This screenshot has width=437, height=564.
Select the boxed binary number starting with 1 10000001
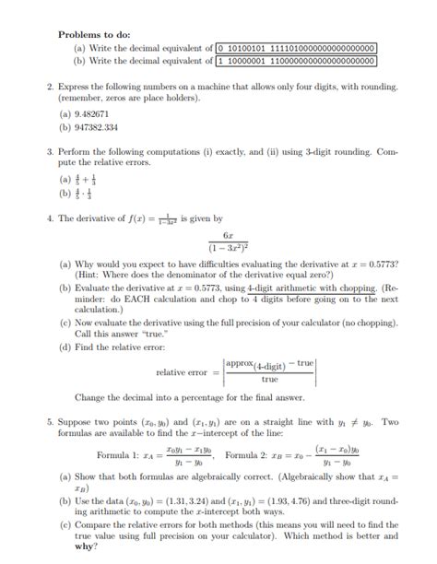point(296,61)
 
